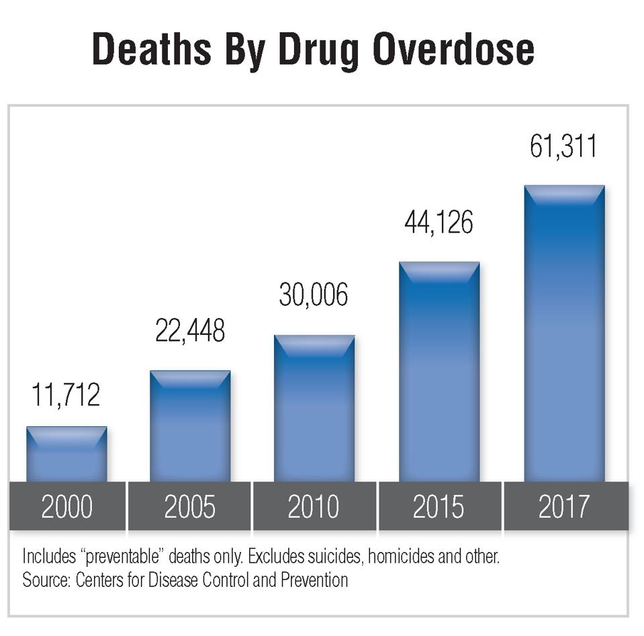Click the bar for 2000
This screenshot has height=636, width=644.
click(x=66, y=454)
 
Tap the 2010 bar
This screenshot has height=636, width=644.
click(x=314, y=408)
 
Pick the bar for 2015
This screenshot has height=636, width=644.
click(x=439, y=371)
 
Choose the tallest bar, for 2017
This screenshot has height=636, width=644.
click(x=564, y=333)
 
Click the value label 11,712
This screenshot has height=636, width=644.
click(x=66, y=395)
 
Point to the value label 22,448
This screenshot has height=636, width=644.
click(x=190, y=330)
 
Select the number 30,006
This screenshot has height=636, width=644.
click(x=314, y=295)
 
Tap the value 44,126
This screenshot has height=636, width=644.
click(x=439, y=223)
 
